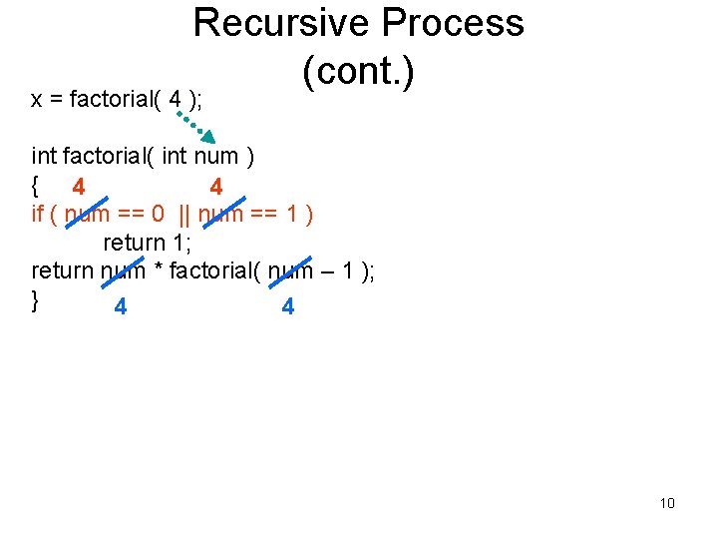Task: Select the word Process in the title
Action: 444,22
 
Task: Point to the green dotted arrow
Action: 196,124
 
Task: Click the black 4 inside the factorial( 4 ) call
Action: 176,99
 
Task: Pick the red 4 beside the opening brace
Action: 78,187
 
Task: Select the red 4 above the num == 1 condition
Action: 215,187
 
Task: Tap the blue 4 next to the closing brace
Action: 120,306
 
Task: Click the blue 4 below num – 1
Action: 288,306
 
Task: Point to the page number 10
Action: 667,502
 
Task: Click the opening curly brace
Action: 35,185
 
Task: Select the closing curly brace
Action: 35,298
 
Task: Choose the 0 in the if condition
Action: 158,214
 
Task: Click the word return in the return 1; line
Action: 134,243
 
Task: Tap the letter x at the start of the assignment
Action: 36,99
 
